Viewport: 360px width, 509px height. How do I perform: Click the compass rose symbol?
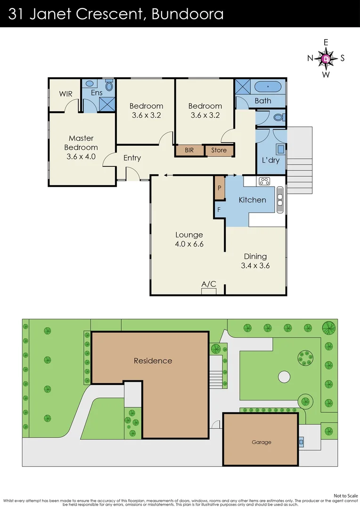point(326,58)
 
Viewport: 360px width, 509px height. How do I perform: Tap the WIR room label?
point(65,94)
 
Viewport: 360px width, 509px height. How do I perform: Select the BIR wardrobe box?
point(189,150)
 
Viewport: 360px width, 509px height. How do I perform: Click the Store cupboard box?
point(219,150)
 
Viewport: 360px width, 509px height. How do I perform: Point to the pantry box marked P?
point(220,187)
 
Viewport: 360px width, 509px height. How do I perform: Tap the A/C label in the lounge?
point(209,284)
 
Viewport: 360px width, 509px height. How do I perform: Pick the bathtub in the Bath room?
point(267,87)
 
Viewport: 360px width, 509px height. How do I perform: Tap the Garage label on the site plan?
point(261,442)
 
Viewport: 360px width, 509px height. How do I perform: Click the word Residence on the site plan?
point(153,361)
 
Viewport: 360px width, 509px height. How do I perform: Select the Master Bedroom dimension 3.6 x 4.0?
point(81,156)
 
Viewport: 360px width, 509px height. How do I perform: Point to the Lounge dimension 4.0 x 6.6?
point(189,244)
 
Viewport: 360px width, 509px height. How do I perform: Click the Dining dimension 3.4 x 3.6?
point(255,265)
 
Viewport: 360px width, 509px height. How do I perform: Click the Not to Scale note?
point(345,495)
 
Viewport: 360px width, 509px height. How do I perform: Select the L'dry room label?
point(270,160)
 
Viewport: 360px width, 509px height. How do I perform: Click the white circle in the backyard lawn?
point(284,377)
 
